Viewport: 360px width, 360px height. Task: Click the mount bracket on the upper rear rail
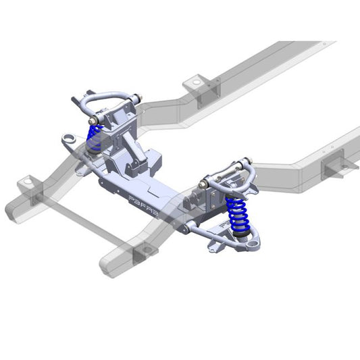pos(197,82)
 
